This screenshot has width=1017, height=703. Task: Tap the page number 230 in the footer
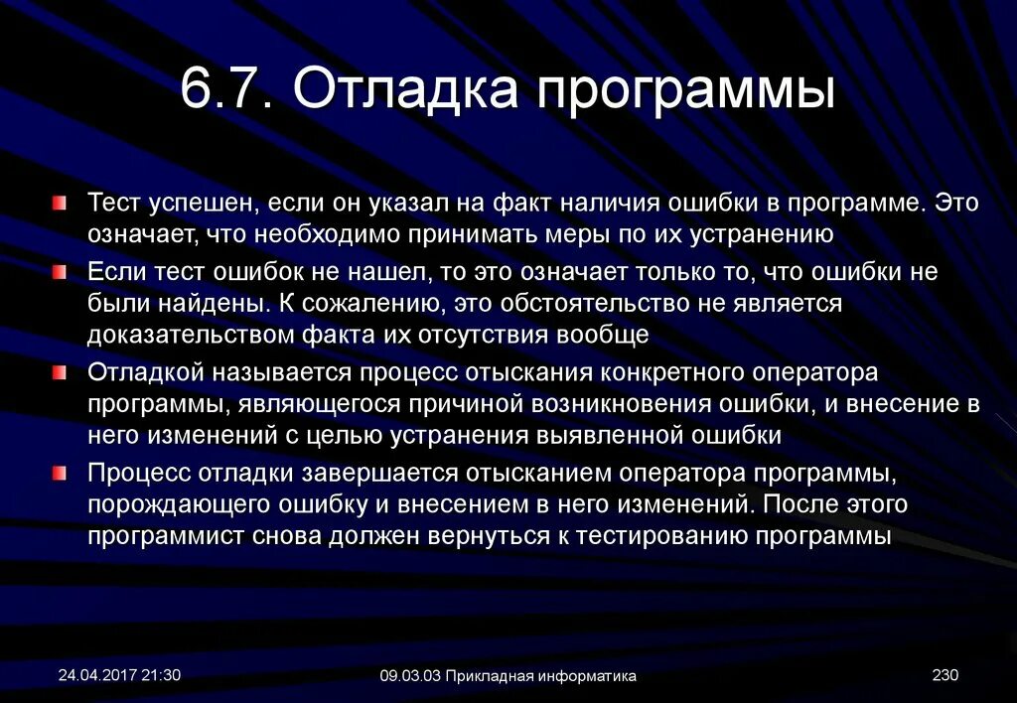pyautogui.click(x=944, y=675)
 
